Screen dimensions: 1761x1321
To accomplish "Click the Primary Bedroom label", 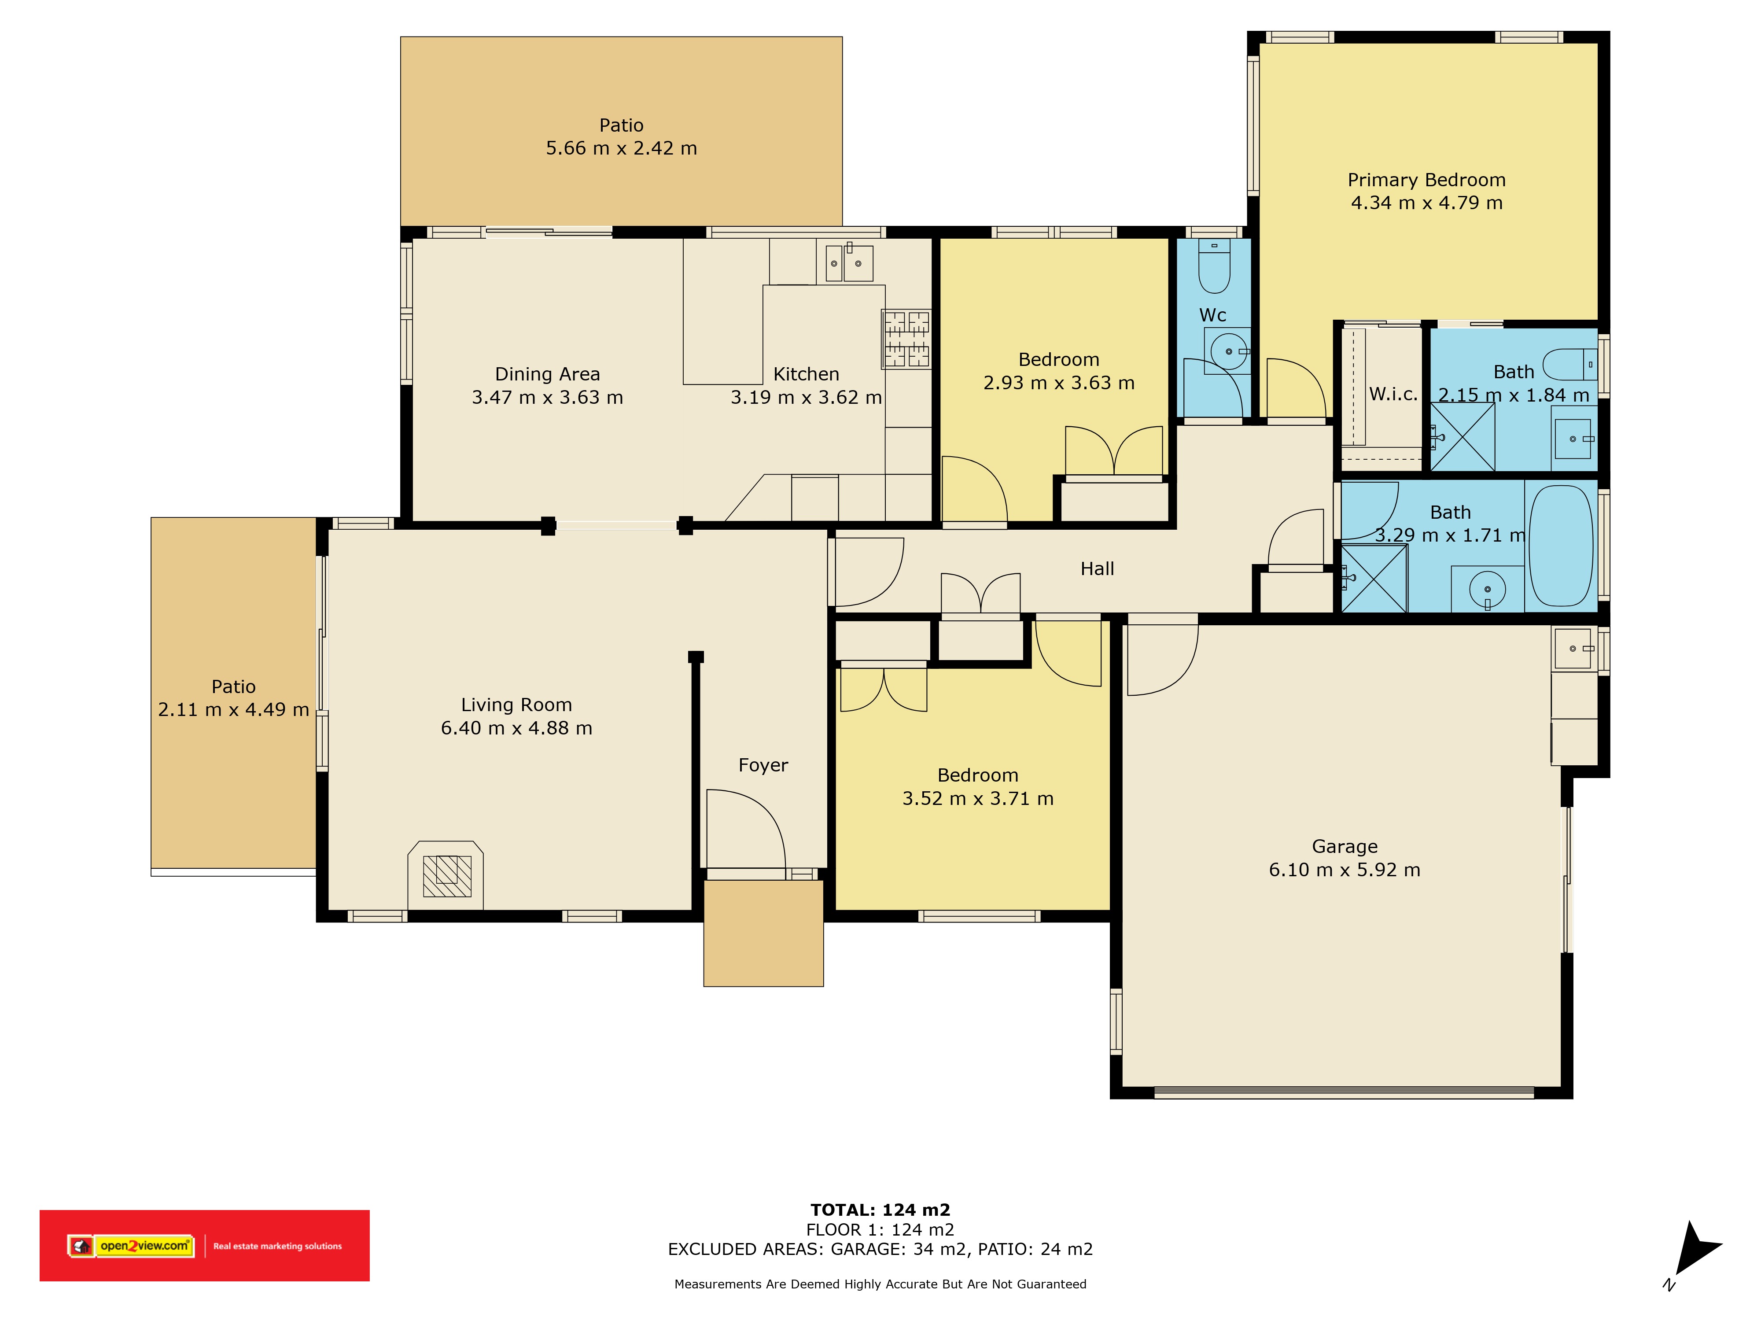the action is click(x=1427, y=180).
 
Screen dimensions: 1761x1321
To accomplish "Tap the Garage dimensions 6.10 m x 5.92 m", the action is click(x=1345, y=870).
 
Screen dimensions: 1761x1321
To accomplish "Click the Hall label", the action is click(x=1097, y=568).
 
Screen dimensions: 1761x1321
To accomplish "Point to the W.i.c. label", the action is click(x=1393, y=393).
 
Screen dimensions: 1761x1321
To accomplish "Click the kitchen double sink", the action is click(x=849, y=263).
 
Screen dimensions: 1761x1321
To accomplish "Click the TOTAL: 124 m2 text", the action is click(x=880, y=1210).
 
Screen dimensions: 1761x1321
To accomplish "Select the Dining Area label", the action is click(x=548, y=374).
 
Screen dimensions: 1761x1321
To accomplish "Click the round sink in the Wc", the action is click(x=1228, y=351).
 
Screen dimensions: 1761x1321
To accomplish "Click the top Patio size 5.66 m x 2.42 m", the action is click(x=622, y=148).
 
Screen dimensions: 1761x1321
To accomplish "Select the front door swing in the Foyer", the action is click(x=746, y=829).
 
